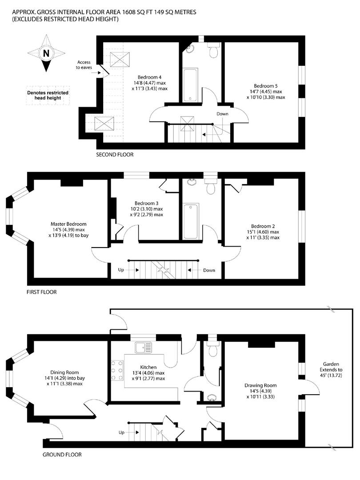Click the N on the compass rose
46,54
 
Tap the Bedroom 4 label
149,77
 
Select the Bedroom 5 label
266,86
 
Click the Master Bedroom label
68,224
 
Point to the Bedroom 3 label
146,203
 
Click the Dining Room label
64,372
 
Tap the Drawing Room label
260,385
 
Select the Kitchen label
148,367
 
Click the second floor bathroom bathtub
190,85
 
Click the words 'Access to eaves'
84,64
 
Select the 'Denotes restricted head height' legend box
48,95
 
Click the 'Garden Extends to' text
331,367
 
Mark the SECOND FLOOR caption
115,155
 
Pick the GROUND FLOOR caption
62,455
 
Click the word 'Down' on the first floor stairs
209,270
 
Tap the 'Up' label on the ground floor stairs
121,432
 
